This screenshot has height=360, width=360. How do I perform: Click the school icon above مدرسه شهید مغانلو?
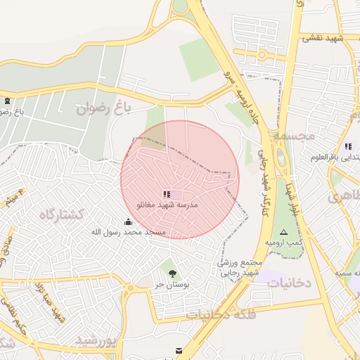[166, 193]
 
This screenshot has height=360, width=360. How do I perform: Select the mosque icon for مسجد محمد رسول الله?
[128, 222]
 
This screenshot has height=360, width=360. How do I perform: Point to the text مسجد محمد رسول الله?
[128, 232]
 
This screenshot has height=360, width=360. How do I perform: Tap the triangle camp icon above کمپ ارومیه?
[283, 231]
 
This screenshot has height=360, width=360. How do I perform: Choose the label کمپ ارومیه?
[283, 242]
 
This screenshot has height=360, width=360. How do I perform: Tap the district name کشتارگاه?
[61, 214]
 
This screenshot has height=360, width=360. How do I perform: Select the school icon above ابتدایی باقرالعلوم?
[348, 146]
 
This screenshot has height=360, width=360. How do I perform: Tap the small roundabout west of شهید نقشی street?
[262, 54]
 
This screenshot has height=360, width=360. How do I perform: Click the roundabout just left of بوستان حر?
[129, 288]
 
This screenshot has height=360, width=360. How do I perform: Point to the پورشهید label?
[95, 341]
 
